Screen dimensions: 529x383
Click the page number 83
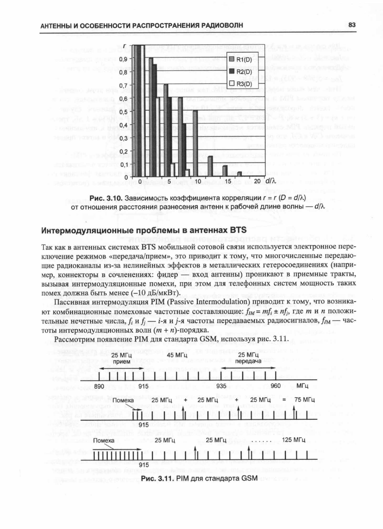(352, 25)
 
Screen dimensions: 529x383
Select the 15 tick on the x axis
(228, 181)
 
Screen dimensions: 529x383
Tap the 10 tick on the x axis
(197, 181)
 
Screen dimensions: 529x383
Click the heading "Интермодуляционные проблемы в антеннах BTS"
(144, 230)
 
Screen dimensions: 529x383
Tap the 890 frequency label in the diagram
(99, 386)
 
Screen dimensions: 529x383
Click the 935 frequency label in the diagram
(221, 386)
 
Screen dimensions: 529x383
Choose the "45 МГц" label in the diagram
(177, 355)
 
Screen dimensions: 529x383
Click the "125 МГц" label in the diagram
(294, 440)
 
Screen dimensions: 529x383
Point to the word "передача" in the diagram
(248, 361)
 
